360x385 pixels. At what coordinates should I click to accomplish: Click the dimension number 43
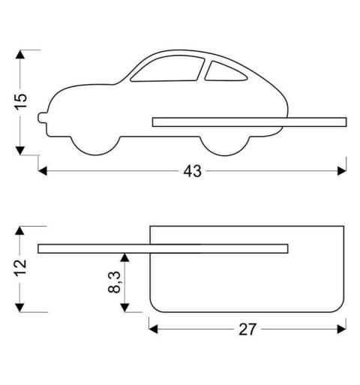(193, 171)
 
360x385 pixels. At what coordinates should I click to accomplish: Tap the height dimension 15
(21, 101)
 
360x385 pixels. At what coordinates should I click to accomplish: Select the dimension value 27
(247, 328)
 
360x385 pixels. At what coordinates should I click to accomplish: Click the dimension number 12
(21, 264)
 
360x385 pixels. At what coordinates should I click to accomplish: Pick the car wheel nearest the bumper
(96, 146)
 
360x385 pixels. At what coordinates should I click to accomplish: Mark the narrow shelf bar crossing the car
(249, 122)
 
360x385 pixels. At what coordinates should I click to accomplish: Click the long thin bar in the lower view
(163, 248)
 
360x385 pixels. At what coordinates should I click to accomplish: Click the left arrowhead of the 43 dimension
(42, 171)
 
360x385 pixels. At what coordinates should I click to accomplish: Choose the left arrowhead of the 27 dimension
(153, 328)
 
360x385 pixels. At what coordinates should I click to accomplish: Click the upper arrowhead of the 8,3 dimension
(125, 257)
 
